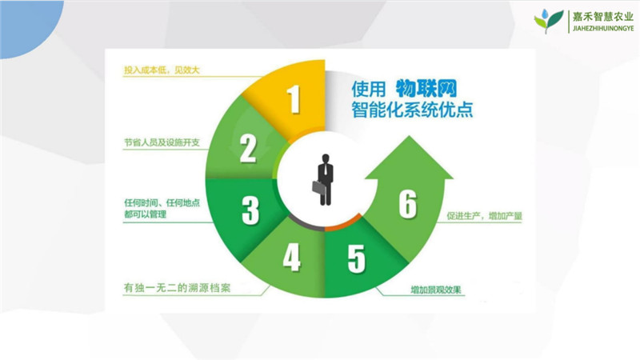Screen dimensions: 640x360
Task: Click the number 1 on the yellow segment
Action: tap(294, 99)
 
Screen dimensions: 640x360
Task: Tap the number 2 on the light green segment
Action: tap(248, 149)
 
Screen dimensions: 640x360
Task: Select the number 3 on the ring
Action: tap(250, 210)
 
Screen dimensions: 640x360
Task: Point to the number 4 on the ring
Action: tap(292, 257)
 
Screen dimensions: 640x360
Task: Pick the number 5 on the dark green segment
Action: tap(356, 258)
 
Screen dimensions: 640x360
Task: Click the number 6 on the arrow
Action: tap(408, 204)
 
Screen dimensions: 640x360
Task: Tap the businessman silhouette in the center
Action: tap(323, 179)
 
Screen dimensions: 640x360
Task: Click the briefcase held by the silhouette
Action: tap(318, 187)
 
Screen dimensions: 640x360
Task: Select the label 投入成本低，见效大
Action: tap(162, 70)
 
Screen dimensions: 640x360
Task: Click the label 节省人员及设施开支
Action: tap(162, 142)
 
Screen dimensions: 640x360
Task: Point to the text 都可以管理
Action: tap(146, 214)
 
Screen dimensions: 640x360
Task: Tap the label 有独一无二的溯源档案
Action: tap(177, 288)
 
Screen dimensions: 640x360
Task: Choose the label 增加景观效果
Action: tap(436, 290)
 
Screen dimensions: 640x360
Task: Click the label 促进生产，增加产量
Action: tap(485, 216)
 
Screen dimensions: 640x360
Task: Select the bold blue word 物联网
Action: tap(426, 88)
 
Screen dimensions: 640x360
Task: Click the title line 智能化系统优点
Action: tap(412, 110)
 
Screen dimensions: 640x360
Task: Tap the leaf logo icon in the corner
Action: tap(549, 22)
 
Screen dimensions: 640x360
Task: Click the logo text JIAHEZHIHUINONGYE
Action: tap(603, 29)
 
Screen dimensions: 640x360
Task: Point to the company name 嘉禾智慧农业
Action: tap(603, 16)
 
